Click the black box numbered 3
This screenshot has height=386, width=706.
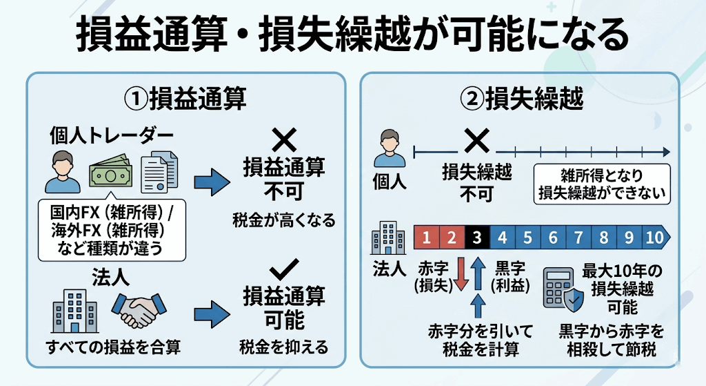(477, 238)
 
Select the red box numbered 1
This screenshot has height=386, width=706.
(426, 238)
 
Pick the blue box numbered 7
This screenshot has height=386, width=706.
(578, 238)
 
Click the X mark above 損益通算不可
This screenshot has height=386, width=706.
(283, 141)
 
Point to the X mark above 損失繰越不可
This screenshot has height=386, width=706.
(476, 142)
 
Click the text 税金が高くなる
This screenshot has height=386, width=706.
(284, 220)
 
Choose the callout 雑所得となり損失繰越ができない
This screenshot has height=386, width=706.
(603, 183)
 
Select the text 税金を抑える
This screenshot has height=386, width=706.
(284, 346)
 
